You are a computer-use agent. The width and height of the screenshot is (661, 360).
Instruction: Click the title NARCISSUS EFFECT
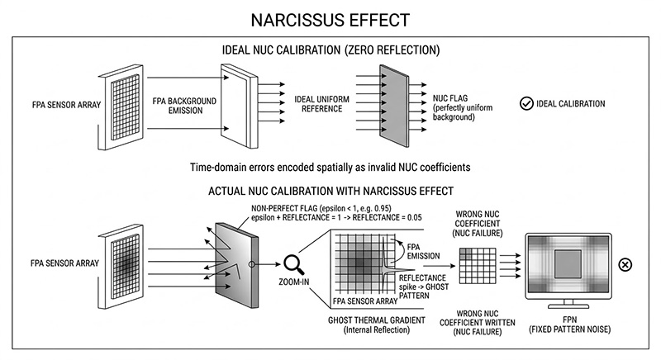pyautogui.click(x=330, y=18)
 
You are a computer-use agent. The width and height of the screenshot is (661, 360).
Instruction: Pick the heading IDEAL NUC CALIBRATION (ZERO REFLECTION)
pyautogui.click(x=330, y=50)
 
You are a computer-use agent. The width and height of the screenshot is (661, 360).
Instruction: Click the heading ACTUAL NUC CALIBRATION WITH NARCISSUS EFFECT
pyautogui.click(x=330, y=192)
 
